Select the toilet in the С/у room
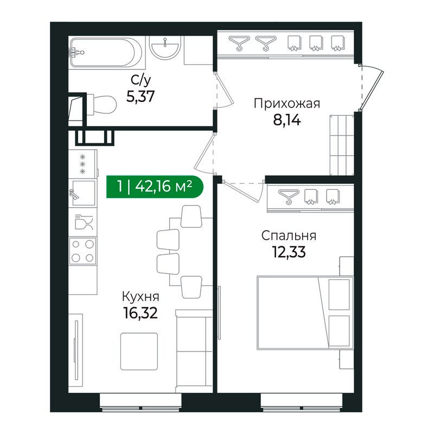[101, 105]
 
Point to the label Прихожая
[287, 104]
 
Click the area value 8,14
[287, 120]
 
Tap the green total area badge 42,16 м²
[155, 187]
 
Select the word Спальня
[289, 236]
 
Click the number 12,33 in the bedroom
[289, 252]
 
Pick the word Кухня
[141, 297]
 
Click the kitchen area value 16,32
[141, 313]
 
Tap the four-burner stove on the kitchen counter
[82, 251]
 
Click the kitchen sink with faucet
[82, 193]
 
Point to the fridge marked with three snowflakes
[83, 164]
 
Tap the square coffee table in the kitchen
[139, 351]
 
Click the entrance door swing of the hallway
[372, 87]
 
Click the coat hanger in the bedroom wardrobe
[289, 196]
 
